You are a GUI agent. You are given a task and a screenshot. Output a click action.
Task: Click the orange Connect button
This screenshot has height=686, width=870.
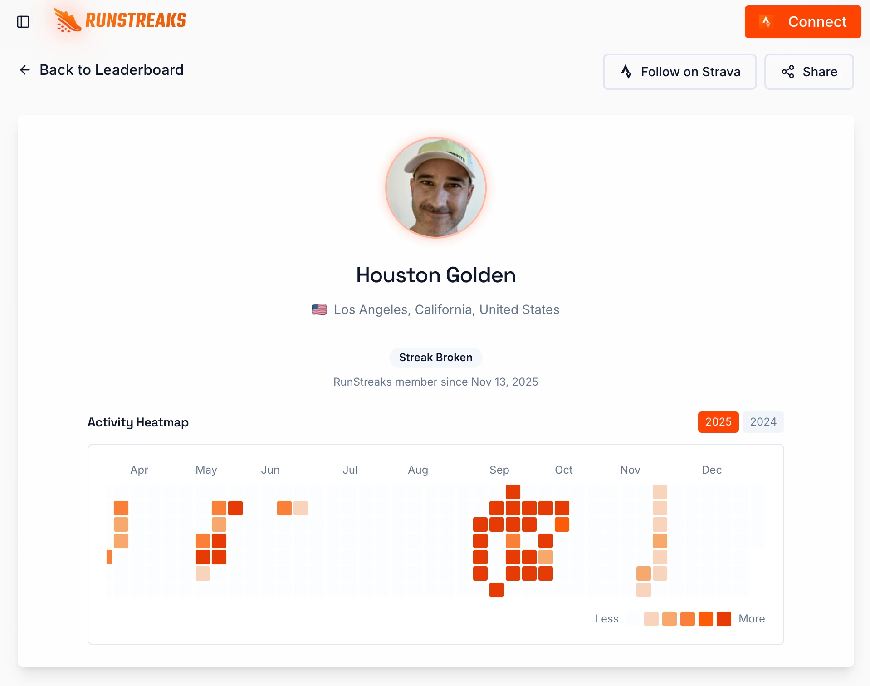pyautogui.click(x=802, y=22)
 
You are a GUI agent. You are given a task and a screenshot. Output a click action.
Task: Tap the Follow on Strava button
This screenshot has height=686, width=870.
pyautogui.click(x=679, y=72)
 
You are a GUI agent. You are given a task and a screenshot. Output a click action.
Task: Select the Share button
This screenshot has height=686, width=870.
pyautogui.click(x=809, y=72)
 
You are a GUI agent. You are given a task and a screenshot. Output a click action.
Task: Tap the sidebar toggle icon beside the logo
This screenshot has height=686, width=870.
pyautogui.click(x=23, y=22)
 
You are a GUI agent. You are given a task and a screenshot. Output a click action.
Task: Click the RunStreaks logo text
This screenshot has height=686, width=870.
pyautogui.click(x=136, y=20)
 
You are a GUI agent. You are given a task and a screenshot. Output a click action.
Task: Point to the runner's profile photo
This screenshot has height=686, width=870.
pyautogui.click(x=435, y=187)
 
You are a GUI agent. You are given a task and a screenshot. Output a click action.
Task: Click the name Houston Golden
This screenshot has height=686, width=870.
pyautogui.click(x=435, y=275)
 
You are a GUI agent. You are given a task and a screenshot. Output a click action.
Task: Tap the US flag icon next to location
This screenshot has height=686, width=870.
pyautogui.click(x=319, y=309)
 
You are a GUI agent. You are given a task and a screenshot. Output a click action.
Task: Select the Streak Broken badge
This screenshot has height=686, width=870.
pyautogui.click(x=435, y=358)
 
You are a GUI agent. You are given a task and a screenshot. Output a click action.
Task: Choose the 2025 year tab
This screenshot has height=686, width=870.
pyautogui.click(x=718, y=422)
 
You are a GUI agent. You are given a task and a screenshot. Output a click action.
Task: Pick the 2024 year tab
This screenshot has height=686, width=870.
pyautogui.click(x=763, y=422)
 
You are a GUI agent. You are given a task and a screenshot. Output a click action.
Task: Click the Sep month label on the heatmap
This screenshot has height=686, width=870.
pyautogui.click(x=499, y=470)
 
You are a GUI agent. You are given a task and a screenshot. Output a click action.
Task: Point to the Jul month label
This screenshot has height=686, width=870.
pyautogui.click(x=350, y=470)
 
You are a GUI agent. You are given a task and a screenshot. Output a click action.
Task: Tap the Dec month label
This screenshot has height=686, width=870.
pyautogui.click(x=711, y=470)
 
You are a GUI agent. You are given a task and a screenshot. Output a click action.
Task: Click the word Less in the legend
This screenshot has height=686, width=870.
pyautogui.click(x=606, y=619)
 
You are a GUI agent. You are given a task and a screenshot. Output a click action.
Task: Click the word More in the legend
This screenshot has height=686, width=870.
pyautogui.click(x=752, y=619)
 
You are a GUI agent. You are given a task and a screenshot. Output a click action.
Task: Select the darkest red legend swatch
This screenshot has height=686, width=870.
pyautogui.click(x=723, y=619)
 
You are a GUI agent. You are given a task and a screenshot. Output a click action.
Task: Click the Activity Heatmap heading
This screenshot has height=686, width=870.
pyautogui.click(x=138, y=422)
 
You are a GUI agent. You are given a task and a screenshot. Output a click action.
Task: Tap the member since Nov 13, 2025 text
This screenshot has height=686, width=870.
pyautogui.click(x=435, y=382)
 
